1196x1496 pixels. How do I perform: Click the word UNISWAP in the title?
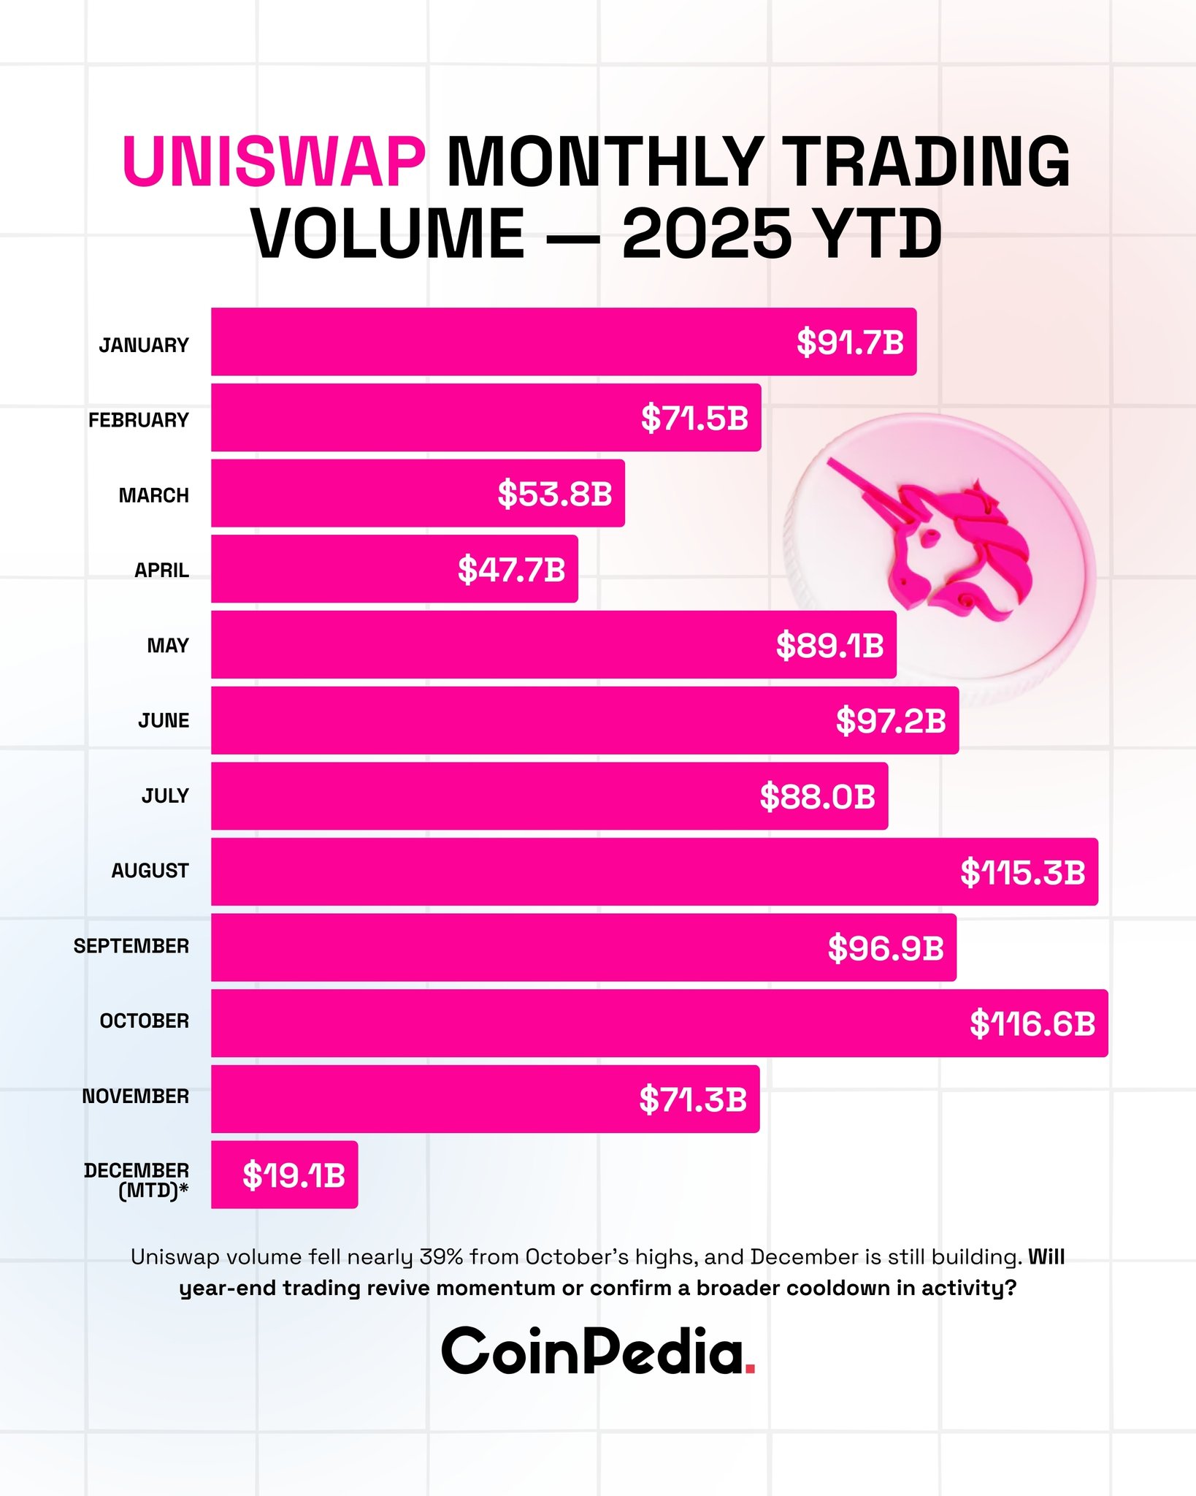coord(274,161)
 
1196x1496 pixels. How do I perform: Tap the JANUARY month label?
coord(144,345)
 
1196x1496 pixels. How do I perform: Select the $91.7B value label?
coord(850,342)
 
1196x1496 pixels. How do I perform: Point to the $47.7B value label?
coord(511,569)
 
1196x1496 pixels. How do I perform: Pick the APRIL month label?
coord(161,570)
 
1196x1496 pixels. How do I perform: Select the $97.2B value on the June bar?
coord(890,720)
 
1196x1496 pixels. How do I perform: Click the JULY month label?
coord(165,795)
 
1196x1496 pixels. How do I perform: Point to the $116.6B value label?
coord(1032,1023)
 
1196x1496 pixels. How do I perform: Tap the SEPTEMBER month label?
coord(131,946)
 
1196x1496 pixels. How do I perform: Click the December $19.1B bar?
coord(285,1175)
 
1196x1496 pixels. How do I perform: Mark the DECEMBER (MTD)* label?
coord(137,1180)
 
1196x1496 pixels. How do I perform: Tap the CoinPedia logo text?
coord(591,1351)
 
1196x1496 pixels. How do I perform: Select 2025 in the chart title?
coord(706,234)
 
